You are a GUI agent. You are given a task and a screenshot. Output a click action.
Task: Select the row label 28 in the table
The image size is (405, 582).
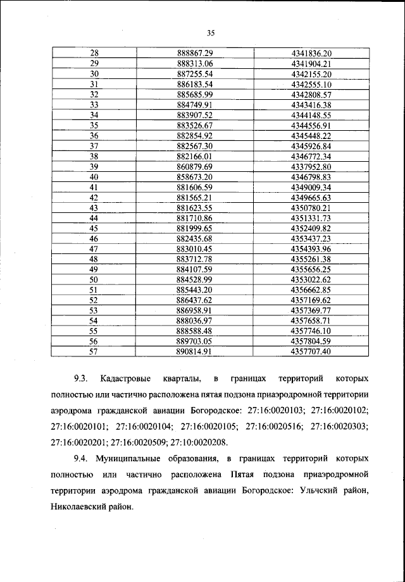click(x=95, y=53)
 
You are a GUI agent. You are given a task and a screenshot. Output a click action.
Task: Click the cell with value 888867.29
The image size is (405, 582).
click(x=195, y=53)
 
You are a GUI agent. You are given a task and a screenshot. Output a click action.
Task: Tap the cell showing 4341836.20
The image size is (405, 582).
click(x=311, y=53)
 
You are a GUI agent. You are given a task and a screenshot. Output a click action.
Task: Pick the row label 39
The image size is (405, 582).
click(x=95, y=166)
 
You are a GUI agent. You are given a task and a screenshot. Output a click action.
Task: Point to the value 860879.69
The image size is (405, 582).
click(x=195, y=166)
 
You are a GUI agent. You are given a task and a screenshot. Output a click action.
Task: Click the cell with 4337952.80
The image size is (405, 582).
click(x=311, y=166)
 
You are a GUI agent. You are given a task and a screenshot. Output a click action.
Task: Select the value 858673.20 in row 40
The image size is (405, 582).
click(x=195, y=176)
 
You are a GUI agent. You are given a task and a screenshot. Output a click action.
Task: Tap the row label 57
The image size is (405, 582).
click(x=95, y=351)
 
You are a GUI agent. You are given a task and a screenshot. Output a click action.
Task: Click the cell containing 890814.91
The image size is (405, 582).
click(x=195, y=351)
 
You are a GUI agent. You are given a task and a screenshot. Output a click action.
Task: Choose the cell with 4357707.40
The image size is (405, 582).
click(x=311, y=351)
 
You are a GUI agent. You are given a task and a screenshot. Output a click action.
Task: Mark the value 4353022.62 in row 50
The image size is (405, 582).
click(x=311, y=279)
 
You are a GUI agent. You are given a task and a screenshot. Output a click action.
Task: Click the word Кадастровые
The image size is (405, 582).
click(x=125, y=379)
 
